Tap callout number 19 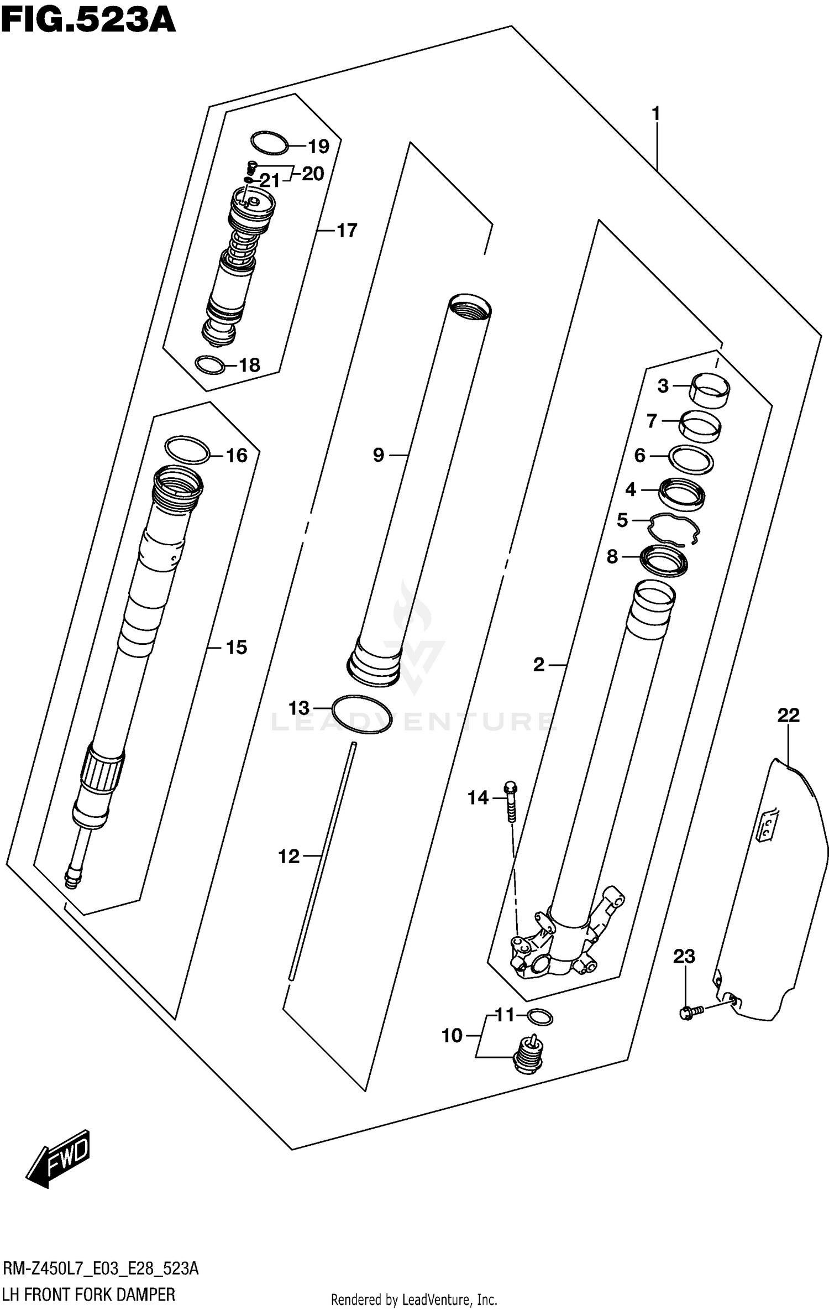tap(318, 147)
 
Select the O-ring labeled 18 tap(211, 365)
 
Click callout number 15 tap(236, 647)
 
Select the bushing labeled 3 tap(710, 391)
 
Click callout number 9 tap(378, 455)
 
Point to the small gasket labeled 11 tap(540, 1016)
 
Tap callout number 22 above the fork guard tap(788, 716)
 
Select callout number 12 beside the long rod tap(288, 857)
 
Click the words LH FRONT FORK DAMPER tap(88, 1295)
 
